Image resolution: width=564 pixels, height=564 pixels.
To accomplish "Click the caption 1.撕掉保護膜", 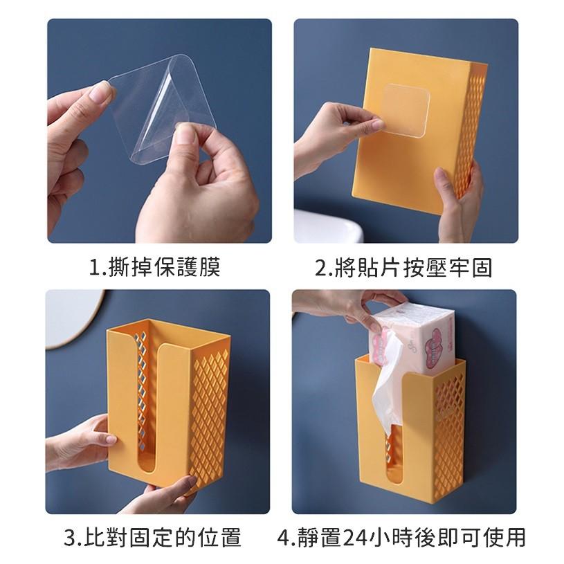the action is click(154, 267).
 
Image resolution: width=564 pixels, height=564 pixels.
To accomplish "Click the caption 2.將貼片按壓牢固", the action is click(403, 267).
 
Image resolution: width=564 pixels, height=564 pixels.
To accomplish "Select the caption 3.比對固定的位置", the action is click(152, 537).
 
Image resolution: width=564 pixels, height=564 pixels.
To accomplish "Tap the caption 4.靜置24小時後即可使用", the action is click(401, 537).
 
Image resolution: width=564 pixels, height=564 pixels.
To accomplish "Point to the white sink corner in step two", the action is click(330, 226).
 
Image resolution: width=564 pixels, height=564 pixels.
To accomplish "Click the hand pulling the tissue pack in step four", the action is click(347, 306).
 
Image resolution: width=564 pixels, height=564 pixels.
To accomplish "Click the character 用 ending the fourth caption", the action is click(515, 537).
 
